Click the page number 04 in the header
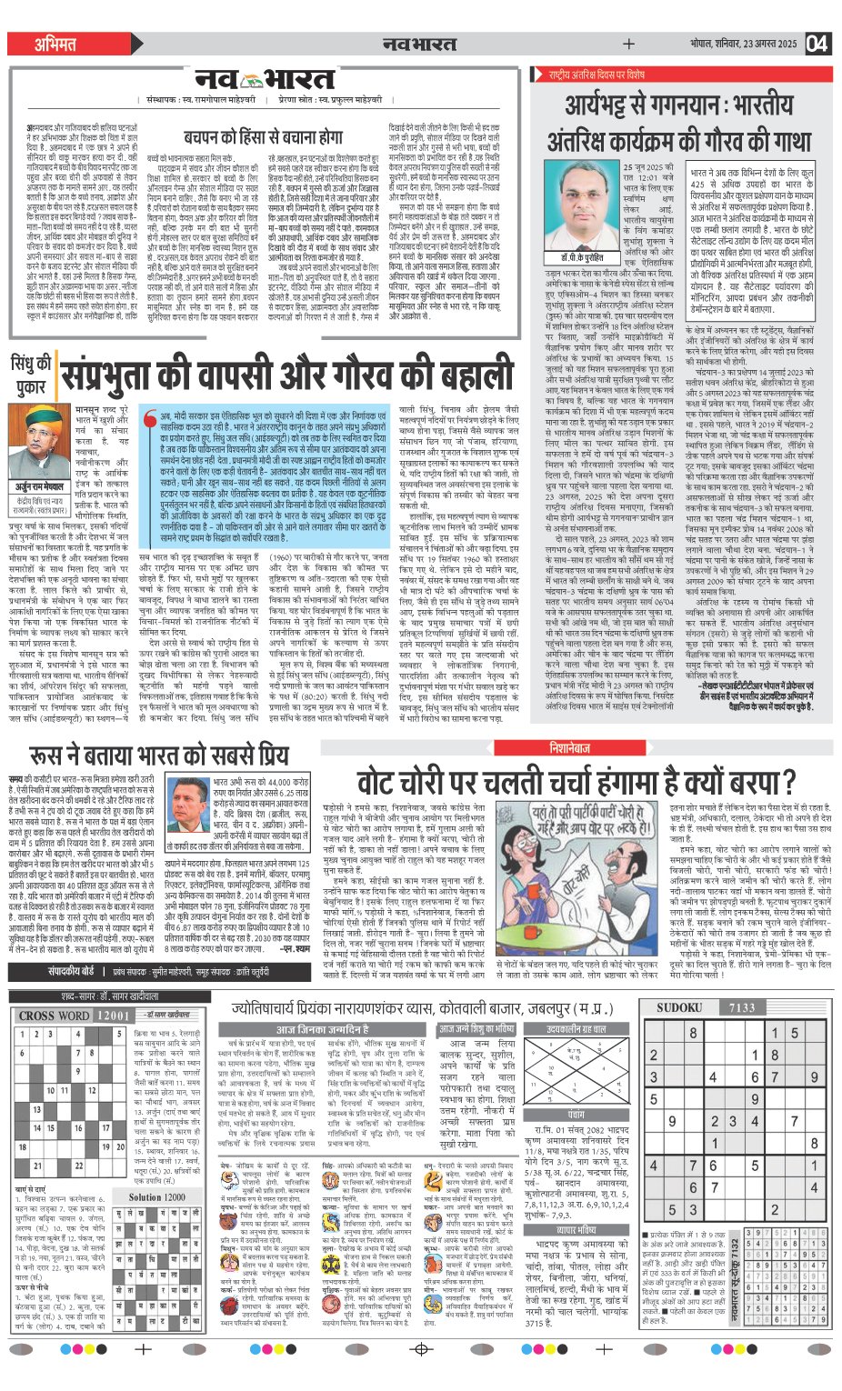(x=817, y=43)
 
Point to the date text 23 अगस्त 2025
(x=759, y=44)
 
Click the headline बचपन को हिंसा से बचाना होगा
(x=264, y=136)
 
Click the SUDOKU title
(x=679, y=1007)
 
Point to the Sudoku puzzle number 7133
(x=743, y=1007)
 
